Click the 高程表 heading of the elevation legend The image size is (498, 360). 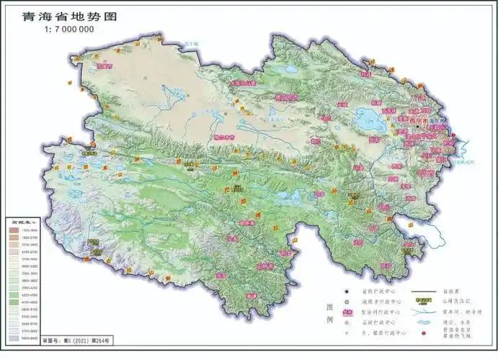pos(23,221)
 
